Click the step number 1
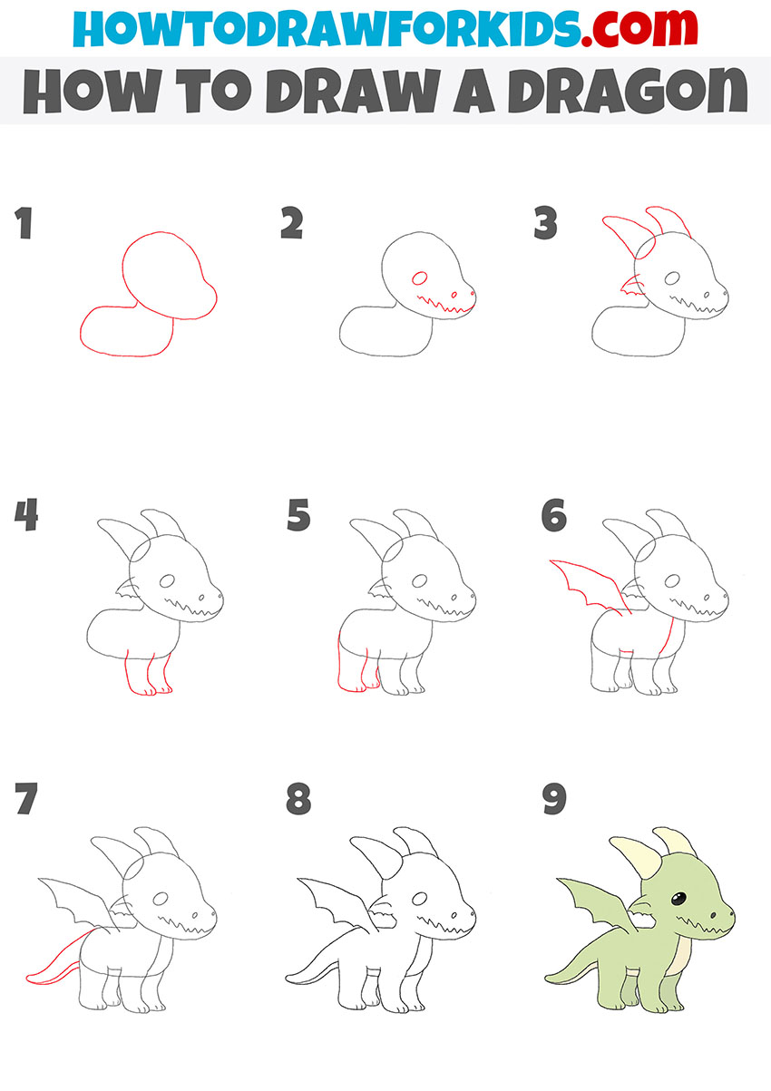point(23,224)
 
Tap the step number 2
point(291,224)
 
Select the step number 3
point(544,224)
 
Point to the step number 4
point(24,516)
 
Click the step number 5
point(298,516)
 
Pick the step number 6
point(553,516)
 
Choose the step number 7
point(24,800)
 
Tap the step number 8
point(298,800)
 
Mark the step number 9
point(553,800)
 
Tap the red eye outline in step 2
point(419,279)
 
